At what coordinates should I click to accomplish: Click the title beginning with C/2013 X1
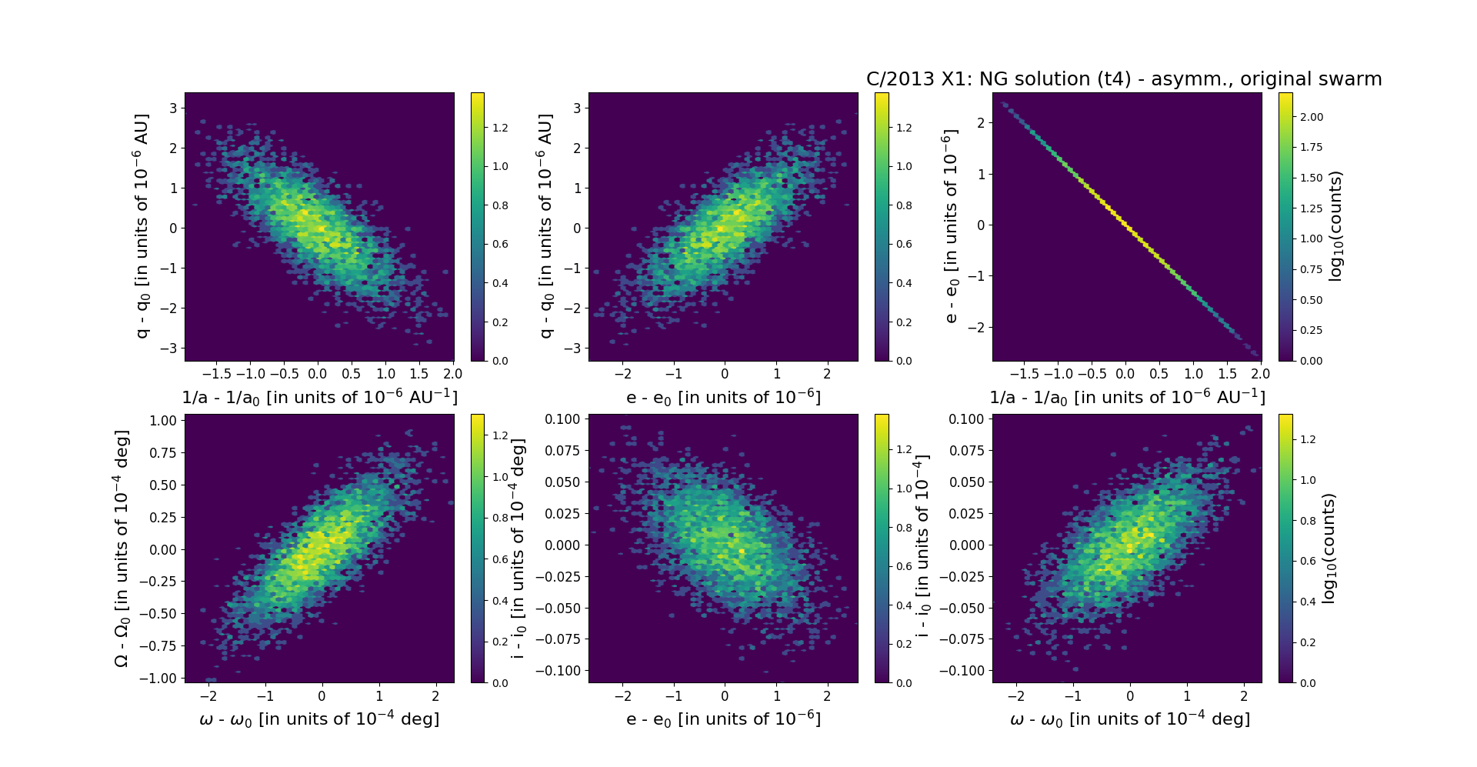coord(1123,79)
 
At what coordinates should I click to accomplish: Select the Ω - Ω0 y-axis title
coord(122,549)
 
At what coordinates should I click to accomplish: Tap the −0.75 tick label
coord(158,645)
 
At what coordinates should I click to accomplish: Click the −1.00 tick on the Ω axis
coord(158,678)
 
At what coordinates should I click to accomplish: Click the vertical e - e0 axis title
coord(951,226)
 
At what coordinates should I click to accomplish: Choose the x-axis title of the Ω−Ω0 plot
coord(319,719)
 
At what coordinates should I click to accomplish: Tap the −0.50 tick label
coord(158,613)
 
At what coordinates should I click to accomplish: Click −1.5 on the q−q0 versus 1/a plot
coord(215,374)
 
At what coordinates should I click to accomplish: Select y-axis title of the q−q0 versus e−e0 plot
coord(545,226)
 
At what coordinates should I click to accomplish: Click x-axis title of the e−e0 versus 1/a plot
coord(1127,398)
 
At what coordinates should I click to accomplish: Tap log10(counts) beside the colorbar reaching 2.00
coord(1335,226)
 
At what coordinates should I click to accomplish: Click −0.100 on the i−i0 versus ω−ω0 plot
coord(962,670)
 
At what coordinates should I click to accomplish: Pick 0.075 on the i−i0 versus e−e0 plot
coord(563,450)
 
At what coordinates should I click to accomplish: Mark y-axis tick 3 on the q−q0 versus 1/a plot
coord(173,108)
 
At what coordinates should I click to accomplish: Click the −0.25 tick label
coord(158,581)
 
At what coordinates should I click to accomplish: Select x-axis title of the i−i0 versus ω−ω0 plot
coord(1129,719)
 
